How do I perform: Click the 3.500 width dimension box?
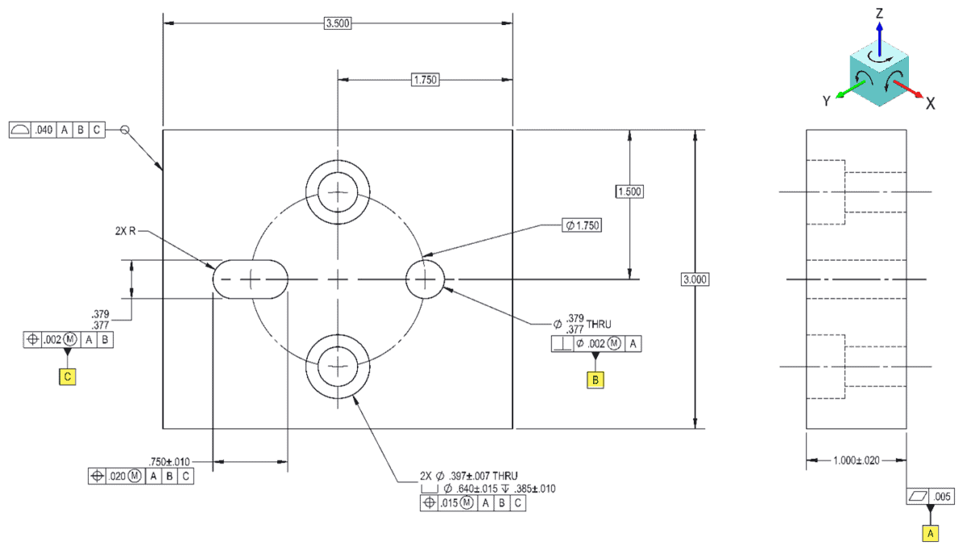point(337,23)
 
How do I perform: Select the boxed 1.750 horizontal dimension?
point(425,79)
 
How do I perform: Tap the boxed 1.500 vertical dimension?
point(629,192)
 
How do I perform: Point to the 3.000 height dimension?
point(695,279)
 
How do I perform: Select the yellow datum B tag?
point(596,380)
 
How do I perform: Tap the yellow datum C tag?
point(67,375)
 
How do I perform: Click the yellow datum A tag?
point(931,533)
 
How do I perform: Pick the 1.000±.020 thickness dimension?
point(856,461)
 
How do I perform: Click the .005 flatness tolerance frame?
point(931,496)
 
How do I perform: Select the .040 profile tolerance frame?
point(56,130)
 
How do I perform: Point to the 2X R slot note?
point(126,230)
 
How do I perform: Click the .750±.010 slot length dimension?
point(169,461)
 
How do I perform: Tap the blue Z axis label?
point(880,13)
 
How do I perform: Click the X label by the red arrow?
point(930,103)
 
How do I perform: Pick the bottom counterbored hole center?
point(338,367)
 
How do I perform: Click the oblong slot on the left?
point(251,279)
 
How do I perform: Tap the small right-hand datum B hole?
point(424,279)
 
